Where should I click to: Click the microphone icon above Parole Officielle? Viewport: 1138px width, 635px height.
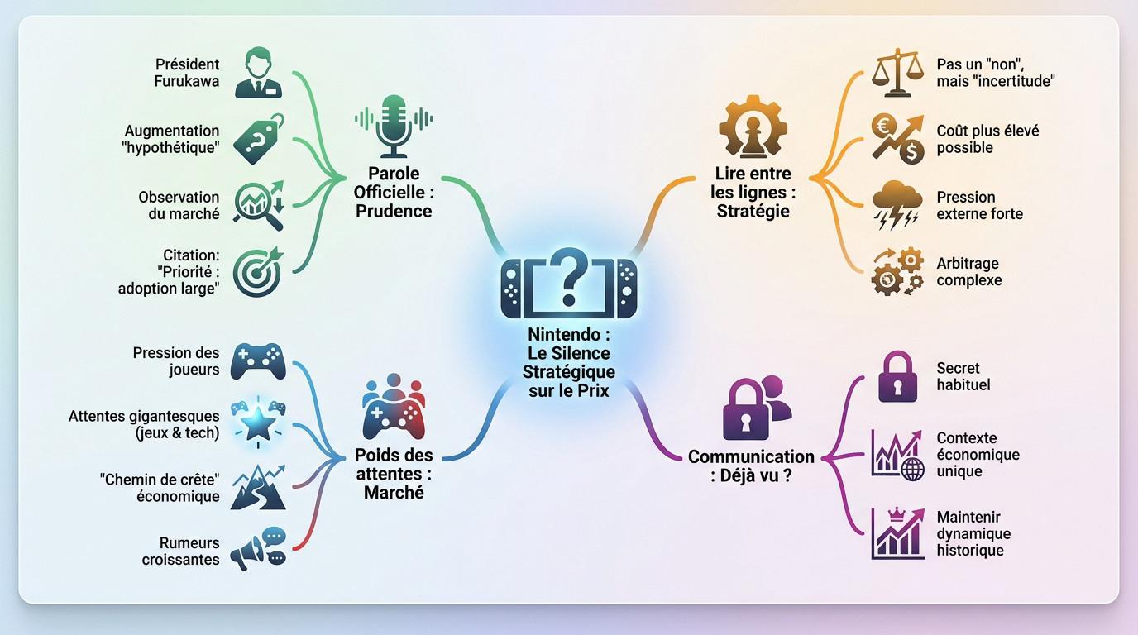pos(394,126)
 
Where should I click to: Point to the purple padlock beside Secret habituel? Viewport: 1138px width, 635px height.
pos(897,377)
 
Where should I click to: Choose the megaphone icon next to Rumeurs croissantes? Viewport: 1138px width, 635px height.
pos(258,549)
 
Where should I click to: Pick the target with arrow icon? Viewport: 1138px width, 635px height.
pos(258,271)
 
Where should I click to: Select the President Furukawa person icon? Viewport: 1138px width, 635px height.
pos(258,73)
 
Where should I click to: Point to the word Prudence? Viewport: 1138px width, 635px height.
pos(394,211)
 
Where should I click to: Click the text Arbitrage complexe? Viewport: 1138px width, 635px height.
pos(968,271)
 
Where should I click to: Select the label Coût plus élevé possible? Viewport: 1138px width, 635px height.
pos(987,139)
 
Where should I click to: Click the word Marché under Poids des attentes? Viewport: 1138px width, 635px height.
pos(394,492)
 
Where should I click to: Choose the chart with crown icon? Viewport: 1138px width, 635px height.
pos(897,535)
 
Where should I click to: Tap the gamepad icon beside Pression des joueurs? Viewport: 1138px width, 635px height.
pos(258,360)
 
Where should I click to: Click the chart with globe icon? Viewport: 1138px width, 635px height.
pos(897,454)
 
